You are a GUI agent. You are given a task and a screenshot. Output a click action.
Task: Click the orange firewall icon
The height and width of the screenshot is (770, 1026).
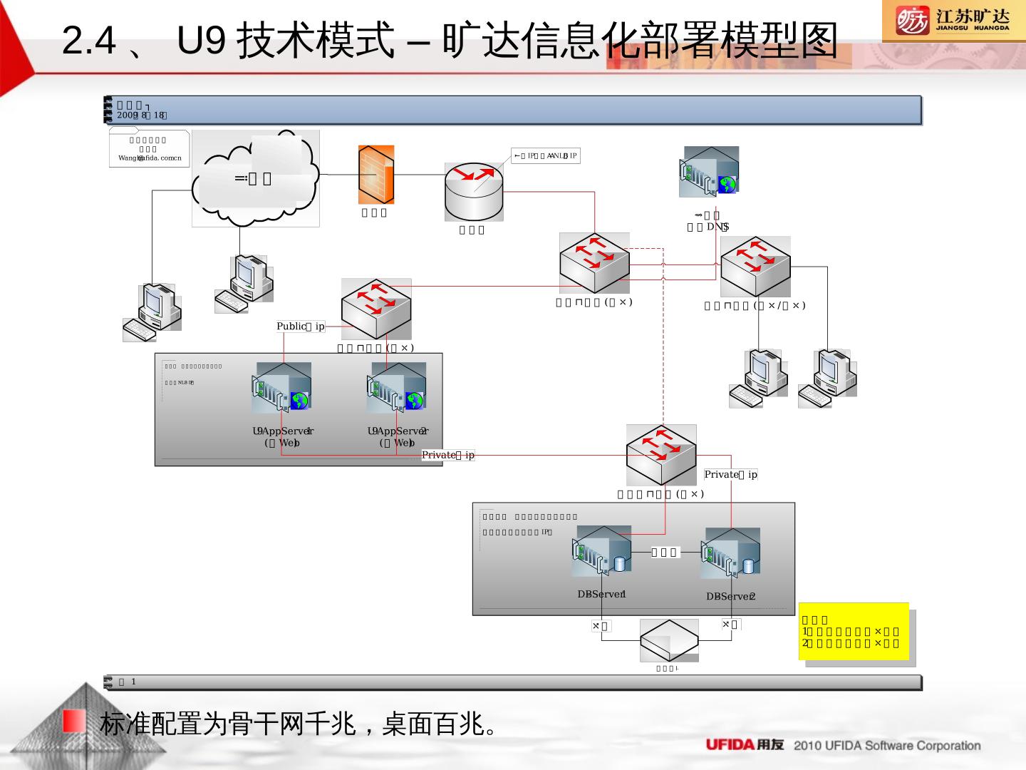(375, 175)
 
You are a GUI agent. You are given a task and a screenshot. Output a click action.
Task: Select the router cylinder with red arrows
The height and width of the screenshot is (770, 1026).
(473, 192)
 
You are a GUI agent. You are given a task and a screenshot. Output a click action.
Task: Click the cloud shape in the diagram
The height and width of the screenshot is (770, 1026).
(256, 178)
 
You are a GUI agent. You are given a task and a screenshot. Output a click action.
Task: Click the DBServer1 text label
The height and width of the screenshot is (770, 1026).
(602, 595)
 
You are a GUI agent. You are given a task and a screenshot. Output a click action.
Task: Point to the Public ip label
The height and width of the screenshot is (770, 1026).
(301, 327)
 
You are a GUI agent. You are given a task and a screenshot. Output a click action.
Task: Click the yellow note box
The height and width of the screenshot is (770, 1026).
(854, 632)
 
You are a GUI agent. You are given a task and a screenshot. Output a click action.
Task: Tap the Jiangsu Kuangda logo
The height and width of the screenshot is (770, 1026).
(953, 21)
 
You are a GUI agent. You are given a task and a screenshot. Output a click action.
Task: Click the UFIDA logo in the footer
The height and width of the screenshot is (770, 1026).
(744, 745)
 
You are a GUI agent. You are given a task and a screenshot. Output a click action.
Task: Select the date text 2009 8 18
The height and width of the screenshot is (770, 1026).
(142, 115)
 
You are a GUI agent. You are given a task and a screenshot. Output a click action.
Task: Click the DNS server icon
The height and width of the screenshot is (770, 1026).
(710, 171)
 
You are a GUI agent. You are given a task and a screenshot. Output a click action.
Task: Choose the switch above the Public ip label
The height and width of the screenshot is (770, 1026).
(376, 308)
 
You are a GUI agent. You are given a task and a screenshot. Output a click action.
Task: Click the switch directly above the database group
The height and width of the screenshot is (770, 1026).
(661, 455)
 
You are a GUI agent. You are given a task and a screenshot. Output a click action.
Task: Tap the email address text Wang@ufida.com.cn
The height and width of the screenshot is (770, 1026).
(150, 158)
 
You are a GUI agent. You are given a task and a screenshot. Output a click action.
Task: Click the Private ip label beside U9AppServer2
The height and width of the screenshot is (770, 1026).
(448, 455)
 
